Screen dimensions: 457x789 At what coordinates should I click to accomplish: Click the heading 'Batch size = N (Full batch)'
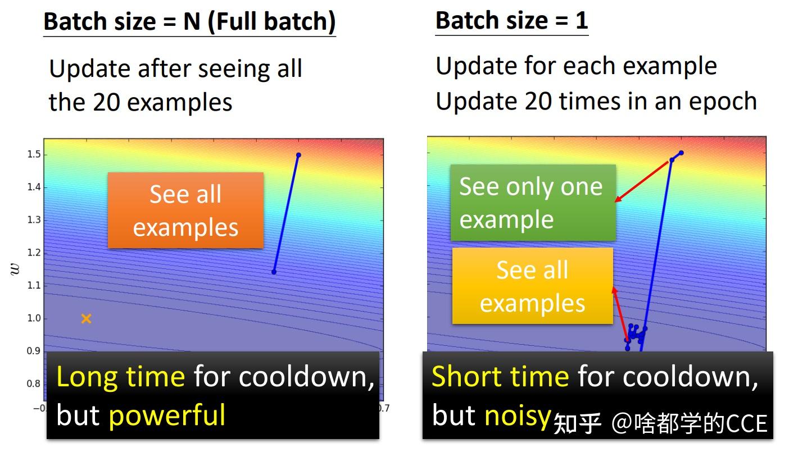pyautogui.click(x=189, y=22)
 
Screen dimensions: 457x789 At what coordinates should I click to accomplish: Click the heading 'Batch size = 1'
pyautogui.click(x=511, y=21)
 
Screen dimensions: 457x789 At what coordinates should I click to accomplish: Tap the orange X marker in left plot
pyautogui.click(x=86, y=319)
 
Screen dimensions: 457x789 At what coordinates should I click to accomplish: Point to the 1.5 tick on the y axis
pyautogui.click(x=33, y=154)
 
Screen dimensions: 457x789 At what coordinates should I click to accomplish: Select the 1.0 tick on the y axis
pyautogui.click(x=33, y=318)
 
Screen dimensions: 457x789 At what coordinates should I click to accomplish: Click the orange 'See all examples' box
pyautogui.click(x=185, y=211)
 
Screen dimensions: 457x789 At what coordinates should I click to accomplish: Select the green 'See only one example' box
pyautogui.click(x=532, y=203)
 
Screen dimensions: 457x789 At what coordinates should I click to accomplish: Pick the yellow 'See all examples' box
pyautogui.click(x=532, y=286)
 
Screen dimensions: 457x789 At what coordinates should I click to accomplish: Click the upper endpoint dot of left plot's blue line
pyautogui.click(x=298, y=155)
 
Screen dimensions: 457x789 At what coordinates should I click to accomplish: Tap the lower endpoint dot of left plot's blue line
pyautogui.click(x=274, y=272)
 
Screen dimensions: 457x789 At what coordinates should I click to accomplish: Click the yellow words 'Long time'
pyautogui.click(x=120, y=377)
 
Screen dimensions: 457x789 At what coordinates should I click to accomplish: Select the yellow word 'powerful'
pyautogui.click(x=167, y=415)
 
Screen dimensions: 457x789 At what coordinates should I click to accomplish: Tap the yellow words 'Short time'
pyautogui.click(x=500, y=376)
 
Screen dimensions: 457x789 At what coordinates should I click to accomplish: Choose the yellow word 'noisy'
pyautogui.click(x=517, y=415)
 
